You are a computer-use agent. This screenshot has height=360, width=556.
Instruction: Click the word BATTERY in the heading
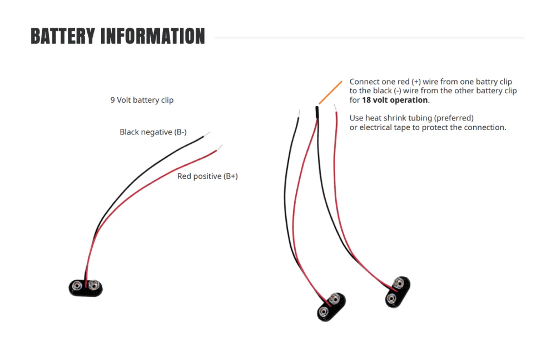[x=63, y=36]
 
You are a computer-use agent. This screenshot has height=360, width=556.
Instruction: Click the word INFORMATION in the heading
[x=153, y=36]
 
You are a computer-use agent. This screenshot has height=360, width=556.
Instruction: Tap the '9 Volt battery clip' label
[x=142, y=100]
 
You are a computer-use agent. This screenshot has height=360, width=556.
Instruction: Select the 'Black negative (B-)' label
[x=153, y=132]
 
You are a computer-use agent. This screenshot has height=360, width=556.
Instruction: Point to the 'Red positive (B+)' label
[x=207, y=176]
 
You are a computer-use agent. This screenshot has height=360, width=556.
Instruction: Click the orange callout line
[x=330, y=92]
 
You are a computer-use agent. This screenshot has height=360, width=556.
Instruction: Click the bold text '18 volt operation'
[x=395, y=100]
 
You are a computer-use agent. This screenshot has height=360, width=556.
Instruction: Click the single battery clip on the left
[x=86, y=287]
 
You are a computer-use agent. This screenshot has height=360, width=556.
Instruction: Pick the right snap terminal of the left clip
[x=93, y=285]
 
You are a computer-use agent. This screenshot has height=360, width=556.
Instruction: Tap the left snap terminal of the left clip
[x=77, y=286]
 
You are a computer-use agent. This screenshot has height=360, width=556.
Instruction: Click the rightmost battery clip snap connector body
[x=398, y=292]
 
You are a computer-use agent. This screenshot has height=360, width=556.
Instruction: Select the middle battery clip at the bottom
[x=331, y=307]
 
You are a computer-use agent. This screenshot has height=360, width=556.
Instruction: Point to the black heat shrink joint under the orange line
[x=317, y=112]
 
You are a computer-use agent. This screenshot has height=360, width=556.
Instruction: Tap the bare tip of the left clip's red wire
[x=220, y=148]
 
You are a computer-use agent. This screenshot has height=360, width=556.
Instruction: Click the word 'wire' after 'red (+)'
[x=430, y=82]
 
